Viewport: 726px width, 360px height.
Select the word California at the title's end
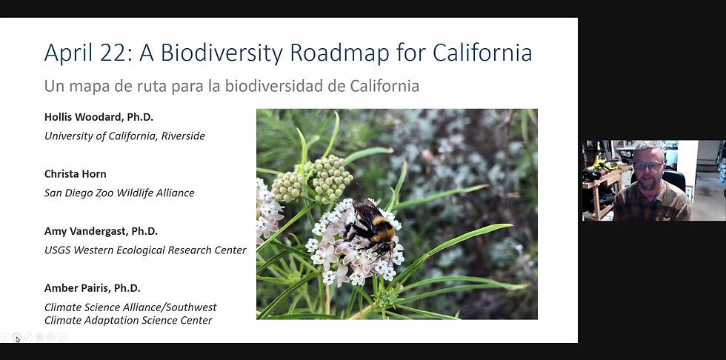[x=482, y=53]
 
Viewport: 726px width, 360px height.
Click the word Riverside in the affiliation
[x=183, y=136]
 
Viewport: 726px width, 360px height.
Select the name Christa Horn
[x=76, y=174]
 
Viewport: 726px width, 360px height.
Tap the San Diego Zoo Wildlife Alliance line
[x=119, y=193]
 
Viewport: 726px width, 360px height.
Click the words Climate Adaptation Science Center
[x=128, y=320]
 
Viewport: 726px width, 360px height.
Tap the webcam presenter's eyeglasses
[x=647, y=164]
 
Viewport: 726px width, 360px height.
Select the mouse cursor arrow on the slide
[x=18, y=339]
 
